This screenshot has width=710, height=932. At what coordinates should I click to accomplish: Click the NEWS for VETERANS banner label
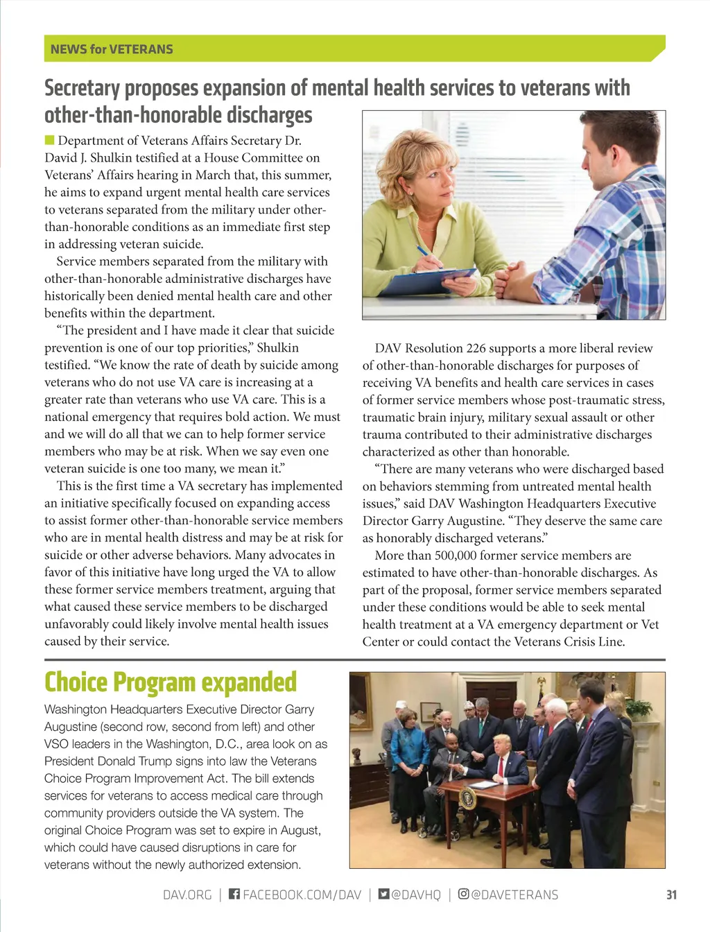[112, 49]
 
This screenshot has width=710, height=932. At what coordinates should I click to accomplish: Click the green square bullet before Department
[49, 141]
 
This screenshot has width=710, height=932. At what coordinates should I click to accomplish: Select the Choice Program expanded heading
[171, 682]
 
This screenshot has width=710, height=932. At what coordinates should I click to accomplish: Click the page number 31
[670, 895]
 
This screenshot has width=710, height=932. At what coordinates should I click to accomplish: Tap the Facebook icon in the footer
[234, 894]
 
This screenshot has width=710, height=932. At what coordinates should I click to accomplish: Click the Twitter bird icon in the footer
[383, 894]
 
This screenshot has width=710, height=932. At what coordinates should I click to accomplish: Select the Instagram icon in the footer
[463, 894]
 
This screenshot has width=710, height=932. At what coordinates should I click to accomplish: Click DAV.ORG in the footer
[187, 895]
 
